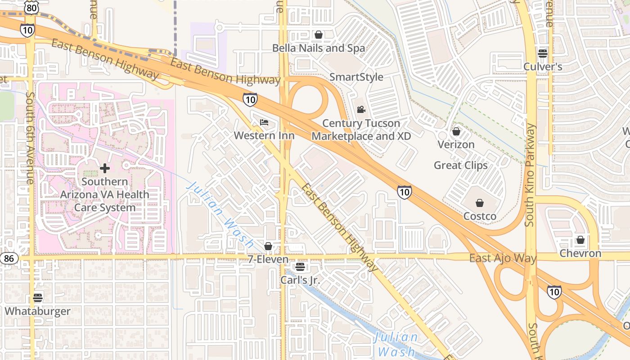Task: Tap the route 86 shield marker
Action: [9, 258]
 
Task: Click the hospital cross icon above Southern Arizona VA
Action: [105, 168]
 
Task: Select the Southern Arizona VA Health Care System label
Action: [105, 194]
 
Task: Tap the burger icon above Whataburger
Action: [38, 298]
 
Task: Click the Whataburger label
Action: [38, 311]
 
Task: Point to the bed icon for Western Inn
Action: [264, 122]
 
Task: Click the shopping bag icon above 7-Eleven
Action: [268, 246]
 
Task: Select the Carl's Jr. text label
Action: [300, 280]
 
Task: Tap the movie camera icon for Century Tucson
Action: [361, 110]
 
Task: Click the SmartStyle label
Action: [356, 77]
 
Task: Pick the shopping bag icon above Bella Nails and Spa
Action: [319, 35]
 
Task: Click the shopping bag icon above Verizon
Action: [456, 131]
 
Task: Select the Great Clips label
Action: [460, 165]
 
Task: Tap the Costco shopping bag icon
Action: [480, 203]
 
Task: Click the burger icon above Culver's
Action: [543, 53]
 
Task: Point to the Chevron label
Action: [580, 253]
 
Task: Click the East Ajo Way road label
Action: [503, 258]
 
